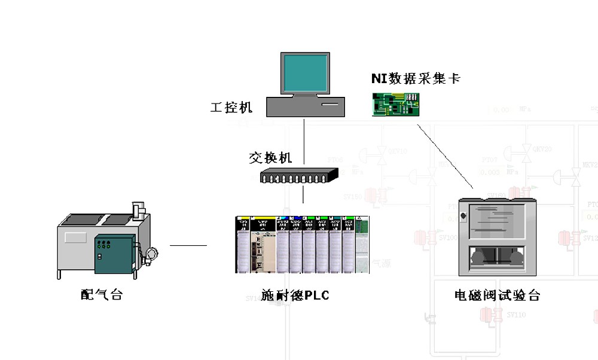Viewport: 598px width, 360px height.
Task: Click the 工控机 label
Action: [x=231, y=108]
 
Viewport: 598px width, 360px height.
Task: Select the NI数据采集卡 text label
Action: [x=415, y=78]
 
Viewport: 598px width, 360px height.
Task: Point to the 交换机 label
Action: [x=270, y=158]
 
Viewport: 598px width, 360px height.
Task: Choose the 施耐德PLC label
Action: [x=295, y=295]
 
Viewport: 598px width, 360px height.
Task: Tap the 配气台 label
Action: [x=102, y=294]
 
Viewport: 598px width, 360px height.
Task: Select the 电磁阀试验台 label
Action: [x=497, y=295]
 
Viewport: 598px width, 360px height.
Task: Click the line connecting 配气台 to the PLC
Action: [x=188, y=245]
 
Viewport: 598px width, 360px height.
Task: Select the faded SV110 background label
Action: [x=515, y=315]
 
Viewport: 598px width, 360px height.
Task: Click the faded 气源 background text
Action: [x=381, y=263]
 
